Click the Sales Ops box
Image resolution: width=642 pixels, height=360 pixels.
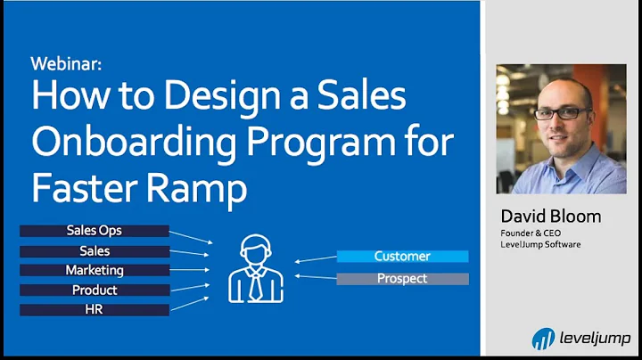click(95, 231)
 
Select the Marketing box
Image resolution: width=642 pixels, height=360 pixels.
click(95, 270)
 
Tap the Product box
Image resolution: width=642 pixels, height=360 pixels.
click(95, 290)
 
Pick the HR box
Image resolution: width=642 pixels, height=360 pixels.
click(95, 309)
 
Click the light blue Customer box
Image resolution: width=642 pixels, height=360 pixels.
click(402, 257)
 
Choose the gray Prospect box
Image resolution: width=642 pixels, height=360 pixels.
click(402, 279)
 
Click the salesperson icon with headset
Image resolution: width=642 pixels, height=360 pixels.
click(255, 267)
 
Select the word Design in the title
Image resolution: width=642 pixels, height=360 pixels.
click(202, 96)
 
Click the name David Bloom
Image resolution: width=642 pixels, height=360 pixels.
click(550, 217)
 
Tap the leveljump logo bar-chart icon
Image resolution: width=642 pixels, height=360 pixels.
click(542, 339)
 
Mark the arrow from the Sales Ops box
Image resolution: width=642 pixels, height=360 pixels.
click(191, 236)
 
